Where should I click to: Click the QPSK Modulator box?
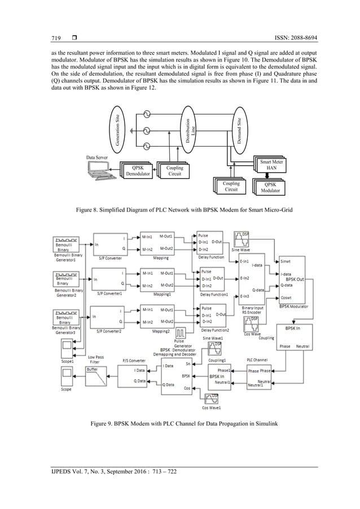[270, 187]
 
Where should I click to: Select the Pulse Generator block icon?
[182, 331]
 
